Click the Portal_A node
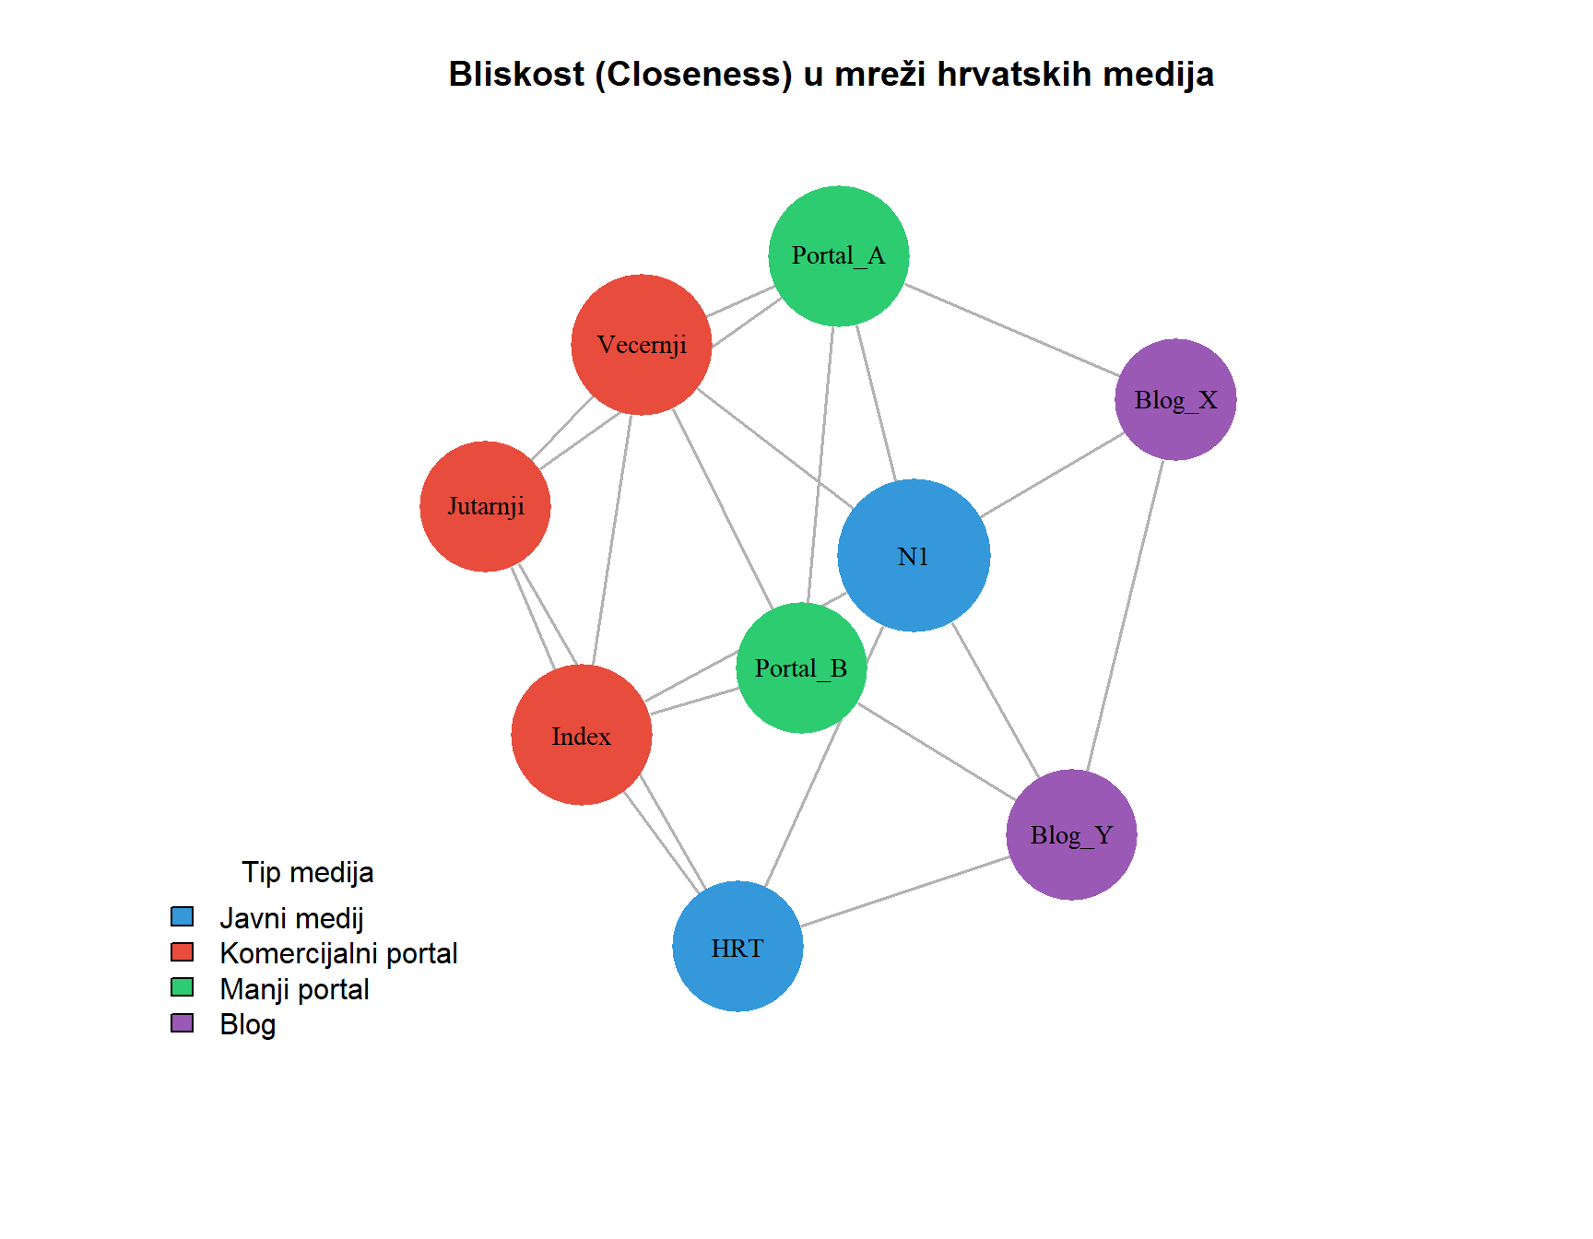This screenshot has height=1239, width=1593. (x=838, y=256)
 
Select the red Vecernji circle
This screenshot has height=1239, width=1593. (x=642, y=345)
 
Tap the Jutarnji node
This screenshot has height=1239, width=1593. (x=485, y=506)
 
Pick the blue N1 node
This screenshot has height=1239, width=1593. (x=914, y=556)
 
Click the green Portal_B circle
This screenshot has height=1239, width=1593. (x=801, y=668)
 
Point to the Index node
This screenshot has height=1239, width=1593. (x=582, y=735)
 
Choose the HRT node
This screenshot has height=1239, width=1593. (x=737, y=947)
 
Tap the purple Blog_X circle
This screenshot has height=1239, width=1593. (x=1175, y=400)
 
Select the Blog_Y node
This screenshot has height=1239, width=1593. (x=1071, y=834)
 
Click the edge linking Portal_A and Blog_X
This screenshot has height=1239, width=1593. (x=1011, y=330)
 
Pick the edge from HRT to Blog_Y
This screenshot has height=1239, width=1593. (x=904, y=891)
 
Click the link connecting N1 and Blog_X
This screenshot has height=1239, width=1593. (x=1052, y=476)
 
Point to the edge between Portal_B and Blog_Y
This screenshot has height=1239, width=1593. (x=936, y=752)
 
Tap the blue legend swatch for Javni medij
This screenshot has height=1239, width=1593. (x=183, y=916)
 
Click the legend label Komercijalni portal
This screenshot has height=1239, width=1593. (x=338, y=953)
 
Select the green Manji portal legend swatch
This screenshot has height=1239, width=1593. (x=183, y=987)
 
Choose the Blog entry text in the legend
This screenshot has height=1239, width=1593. (x=247, y=1024)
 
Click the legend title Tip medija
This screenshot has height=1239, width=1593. (x=307, y=872)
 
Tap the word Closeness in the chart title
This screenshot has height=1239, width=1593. (x=693, y=75)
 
